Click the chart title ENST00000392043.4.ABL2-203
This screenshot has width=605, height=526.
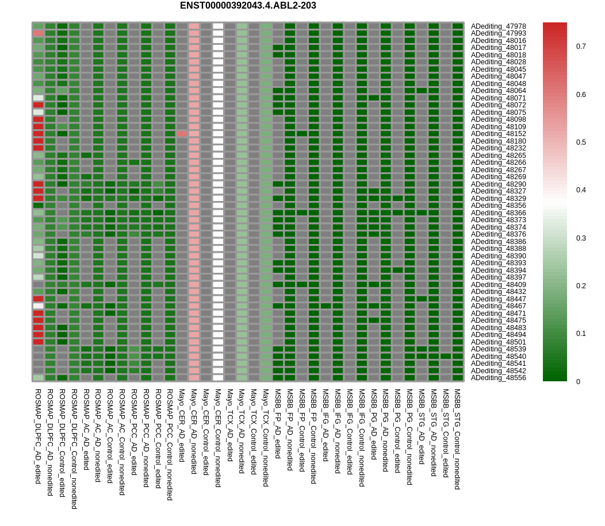pos(248,6)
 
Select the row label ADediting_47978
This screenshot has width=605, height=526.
pos(498,26)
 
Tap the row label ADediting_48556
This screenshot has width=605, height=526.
pos(498,378)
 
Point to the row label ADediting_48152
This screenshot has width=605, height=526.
pos(498,134)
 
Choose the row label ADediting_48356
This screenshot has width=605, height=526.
pos(498,206)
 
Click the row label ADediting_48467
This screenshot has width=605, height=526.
pos(498,306)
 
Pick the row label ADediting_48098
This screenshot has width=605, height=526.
pos(498,119)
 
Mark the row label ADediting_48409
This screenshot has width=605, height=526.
pos(498,284)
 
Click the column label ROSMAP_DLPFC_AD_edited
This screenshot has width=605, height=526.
pos(38,436)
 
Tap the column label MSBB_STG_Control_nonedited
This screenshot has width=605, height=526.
pos(457,439)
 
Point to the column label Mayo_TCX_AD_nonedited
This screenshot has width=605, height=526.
pos(242,431)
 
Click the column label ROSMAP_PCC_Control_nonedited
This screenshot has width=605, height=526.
pos(170,444)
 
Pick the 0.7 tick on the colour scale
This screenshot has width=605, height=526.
pos(581,47)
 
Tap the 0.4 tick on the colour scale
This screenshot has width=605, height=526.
pos(581,190)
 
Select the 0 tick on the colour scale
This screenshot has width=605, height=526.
pos(578,381)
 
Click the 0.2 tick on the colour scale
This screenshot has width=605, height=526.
pos(581,286)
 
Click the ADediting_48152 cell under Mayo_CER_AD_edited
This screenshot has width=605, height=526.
pos(182,134)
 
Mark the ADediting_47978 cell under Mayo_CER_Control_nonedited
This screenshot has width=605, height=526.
pos(218,26)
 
